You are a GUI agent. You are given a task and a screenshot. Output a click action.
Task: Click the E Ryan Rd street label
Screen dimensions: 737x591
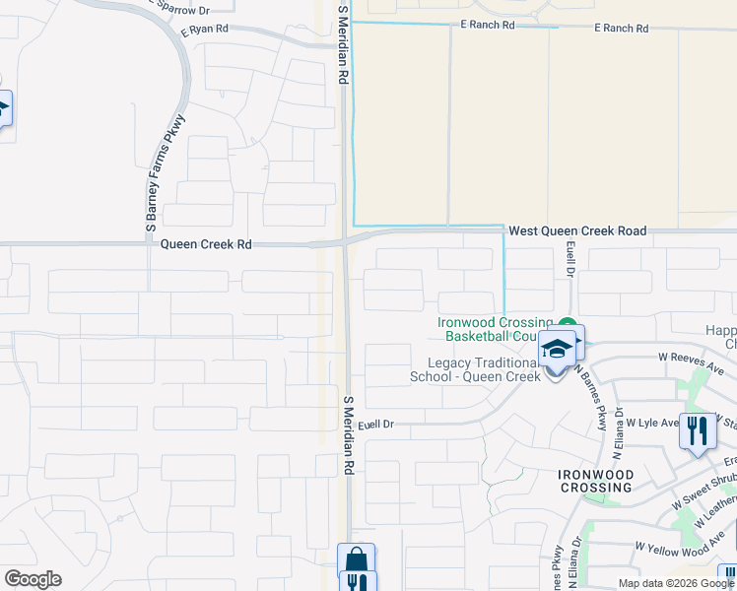coord(205,31)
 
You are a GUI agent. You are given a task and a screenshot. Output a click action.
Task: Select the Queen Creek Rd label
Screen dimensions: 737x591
coord(206,243)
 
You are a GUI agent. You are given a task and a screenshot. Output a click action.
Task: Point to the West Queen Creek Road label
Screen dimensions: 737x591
coord(576,230)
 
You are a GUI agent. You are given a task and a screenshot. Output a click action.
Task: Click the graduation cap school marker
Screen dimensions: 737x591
coord(556,350)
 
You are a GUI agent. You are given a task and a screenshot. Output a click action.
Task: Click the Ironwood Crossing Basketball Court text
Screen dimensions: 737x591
coord(496,330)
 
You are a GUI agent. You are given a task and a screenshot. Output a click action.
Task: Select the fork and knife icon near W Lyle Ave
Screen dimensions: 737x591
coord(698,430)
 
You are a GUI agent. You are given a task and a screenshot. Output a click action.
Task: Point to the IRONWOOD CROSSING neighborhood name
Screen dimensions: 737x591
coord(595,481)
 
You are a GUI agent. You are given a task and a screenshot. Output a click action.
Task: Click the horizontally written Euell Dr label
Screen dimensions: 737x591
coord(375,425)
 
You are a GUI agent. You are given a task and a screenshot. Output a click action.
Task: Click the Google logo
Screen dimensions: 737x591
coord(33,579)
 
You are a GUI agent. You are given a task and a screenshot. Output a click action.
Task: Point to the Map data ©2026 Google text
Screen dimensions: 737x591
coord(675,583)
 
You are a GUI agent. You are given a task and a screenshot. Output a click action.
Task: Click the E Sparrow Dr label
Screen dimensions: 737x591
coord(180,9)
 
